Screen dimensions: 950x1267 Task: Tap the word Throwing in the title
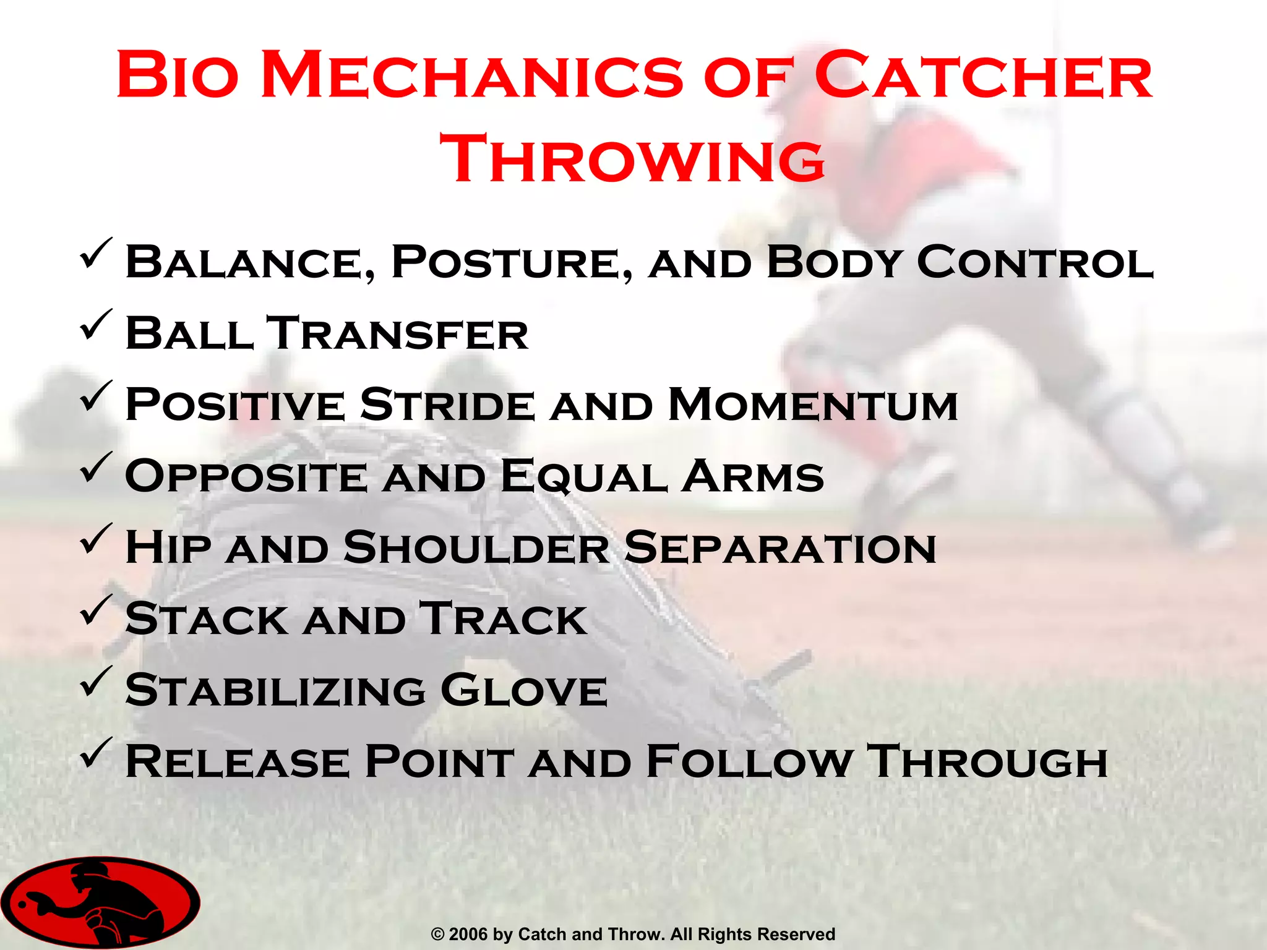tap(632, 159)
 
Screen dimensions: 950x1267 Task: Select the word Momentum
tap(813, 404)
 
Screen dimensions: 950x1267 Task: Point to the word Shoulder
tap(476, 547)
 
